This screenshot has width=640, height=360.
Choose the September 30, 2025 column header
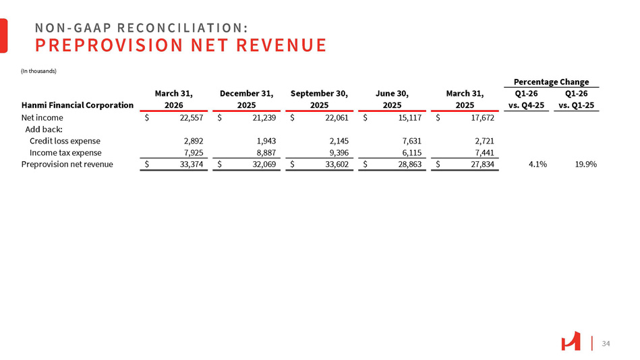point(319,99)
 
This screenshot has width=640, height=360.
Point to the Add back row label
point(43,129)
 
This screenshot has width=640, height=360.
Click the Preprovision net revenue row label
point(67,164)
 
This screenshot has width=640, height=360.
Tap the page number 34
point(605,344)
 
